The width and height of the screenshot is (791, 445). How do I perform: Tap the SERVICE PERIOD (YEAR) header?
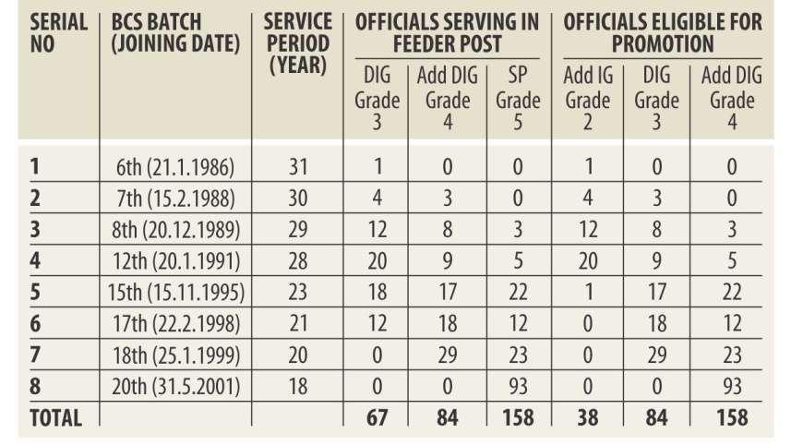pyautogui.click(x=296, y=42)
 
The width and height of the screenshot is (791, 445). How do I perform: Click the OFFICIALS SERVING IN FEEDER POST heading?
pyautogui.click(x=447, y=31)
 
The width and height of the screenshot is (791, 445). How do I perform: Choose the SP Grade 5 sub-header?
pyautogui.click(x=518, y=99)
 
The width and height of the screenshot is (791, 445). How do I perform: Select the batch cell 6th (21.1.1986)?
pyautogui.click(x=175, y=168)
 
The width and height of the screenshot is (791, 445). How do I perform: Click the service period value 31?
pyautogui.click(x=296, y=168)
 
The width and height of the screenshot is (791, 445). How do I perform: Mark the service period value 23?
pyautogui.click(x=296, y=293)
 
